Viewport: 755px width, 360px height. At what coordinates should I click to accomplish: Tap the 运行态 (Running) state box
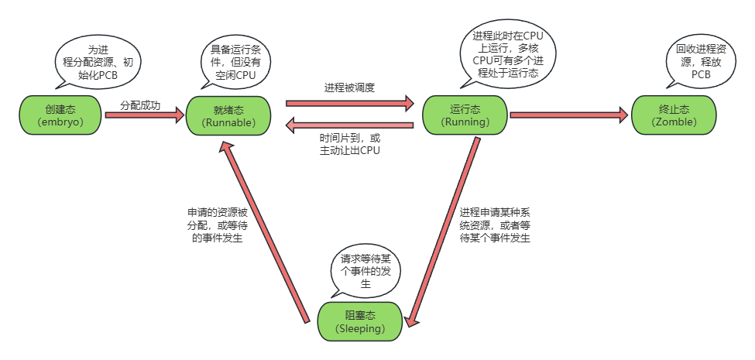tap(465, 115)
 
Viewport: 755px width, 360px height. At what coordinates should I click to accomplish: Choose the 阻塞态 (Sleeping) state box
tap(359, 321)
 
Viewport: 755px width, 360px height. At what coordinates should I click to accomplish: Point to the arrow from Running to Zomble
tap(568, 115)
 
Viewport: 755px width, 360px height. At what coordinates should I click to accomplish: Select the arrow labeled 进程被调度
tap(350, 102)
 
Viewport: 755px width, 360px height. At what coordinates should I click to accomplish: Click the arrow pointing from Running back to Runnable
tap(350, 124)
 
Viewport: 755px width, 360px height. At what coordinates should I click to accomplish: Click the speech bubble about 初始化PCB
tap(98, 60)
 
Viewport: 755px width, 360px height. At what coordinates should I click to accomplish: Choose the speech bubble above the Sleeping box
tap(365, 271)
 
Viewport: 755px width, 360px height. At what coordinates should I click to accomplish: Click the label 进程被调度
tap(349, 87)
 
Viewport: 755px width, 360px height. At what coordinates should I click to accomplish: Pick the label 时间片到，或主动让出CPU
tap(350, 144)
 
